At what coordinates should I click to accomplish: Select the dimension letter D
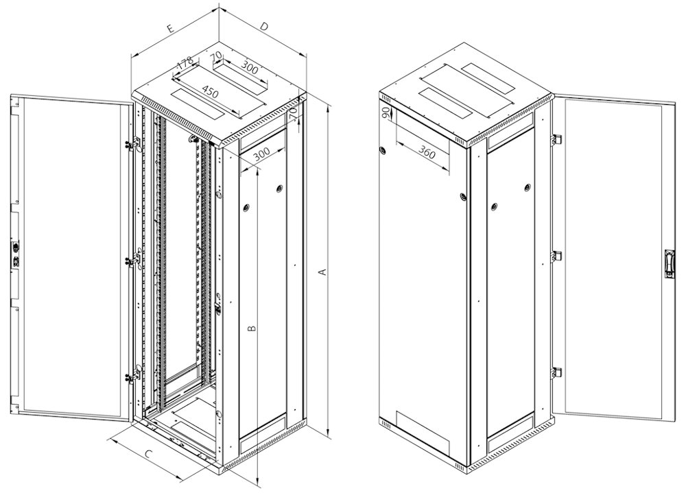click(264, 27)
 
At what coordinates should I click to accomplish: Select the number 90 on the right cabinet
click(387, 114)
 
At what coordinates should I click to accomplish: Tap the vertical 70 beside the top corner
click(294, 114)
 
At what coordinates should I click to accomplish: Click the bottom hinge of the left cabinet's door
click(128, 376)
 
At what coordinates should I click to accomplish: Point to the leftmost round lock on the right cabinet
click(383, 150)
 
